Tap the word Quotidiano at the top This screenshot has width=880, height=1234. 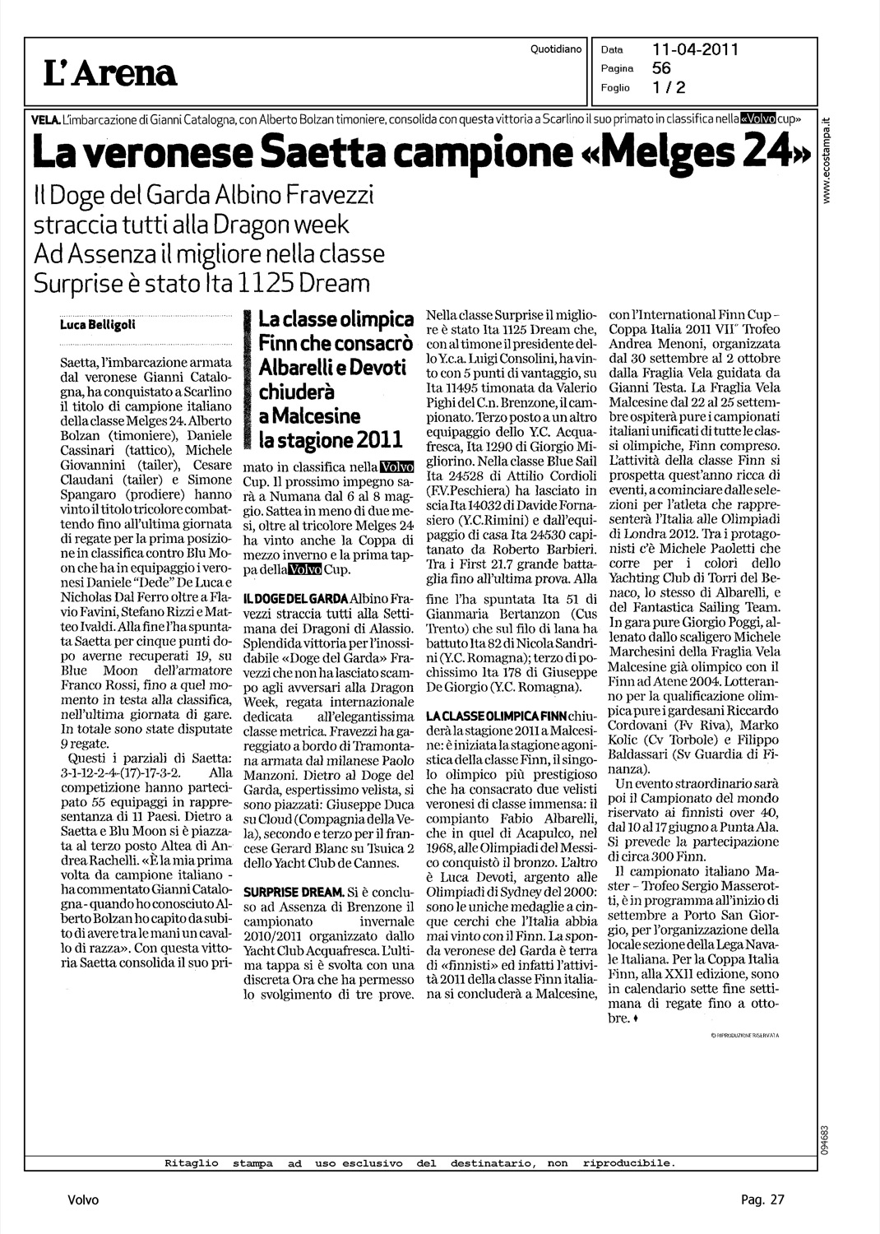(557, 49)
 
